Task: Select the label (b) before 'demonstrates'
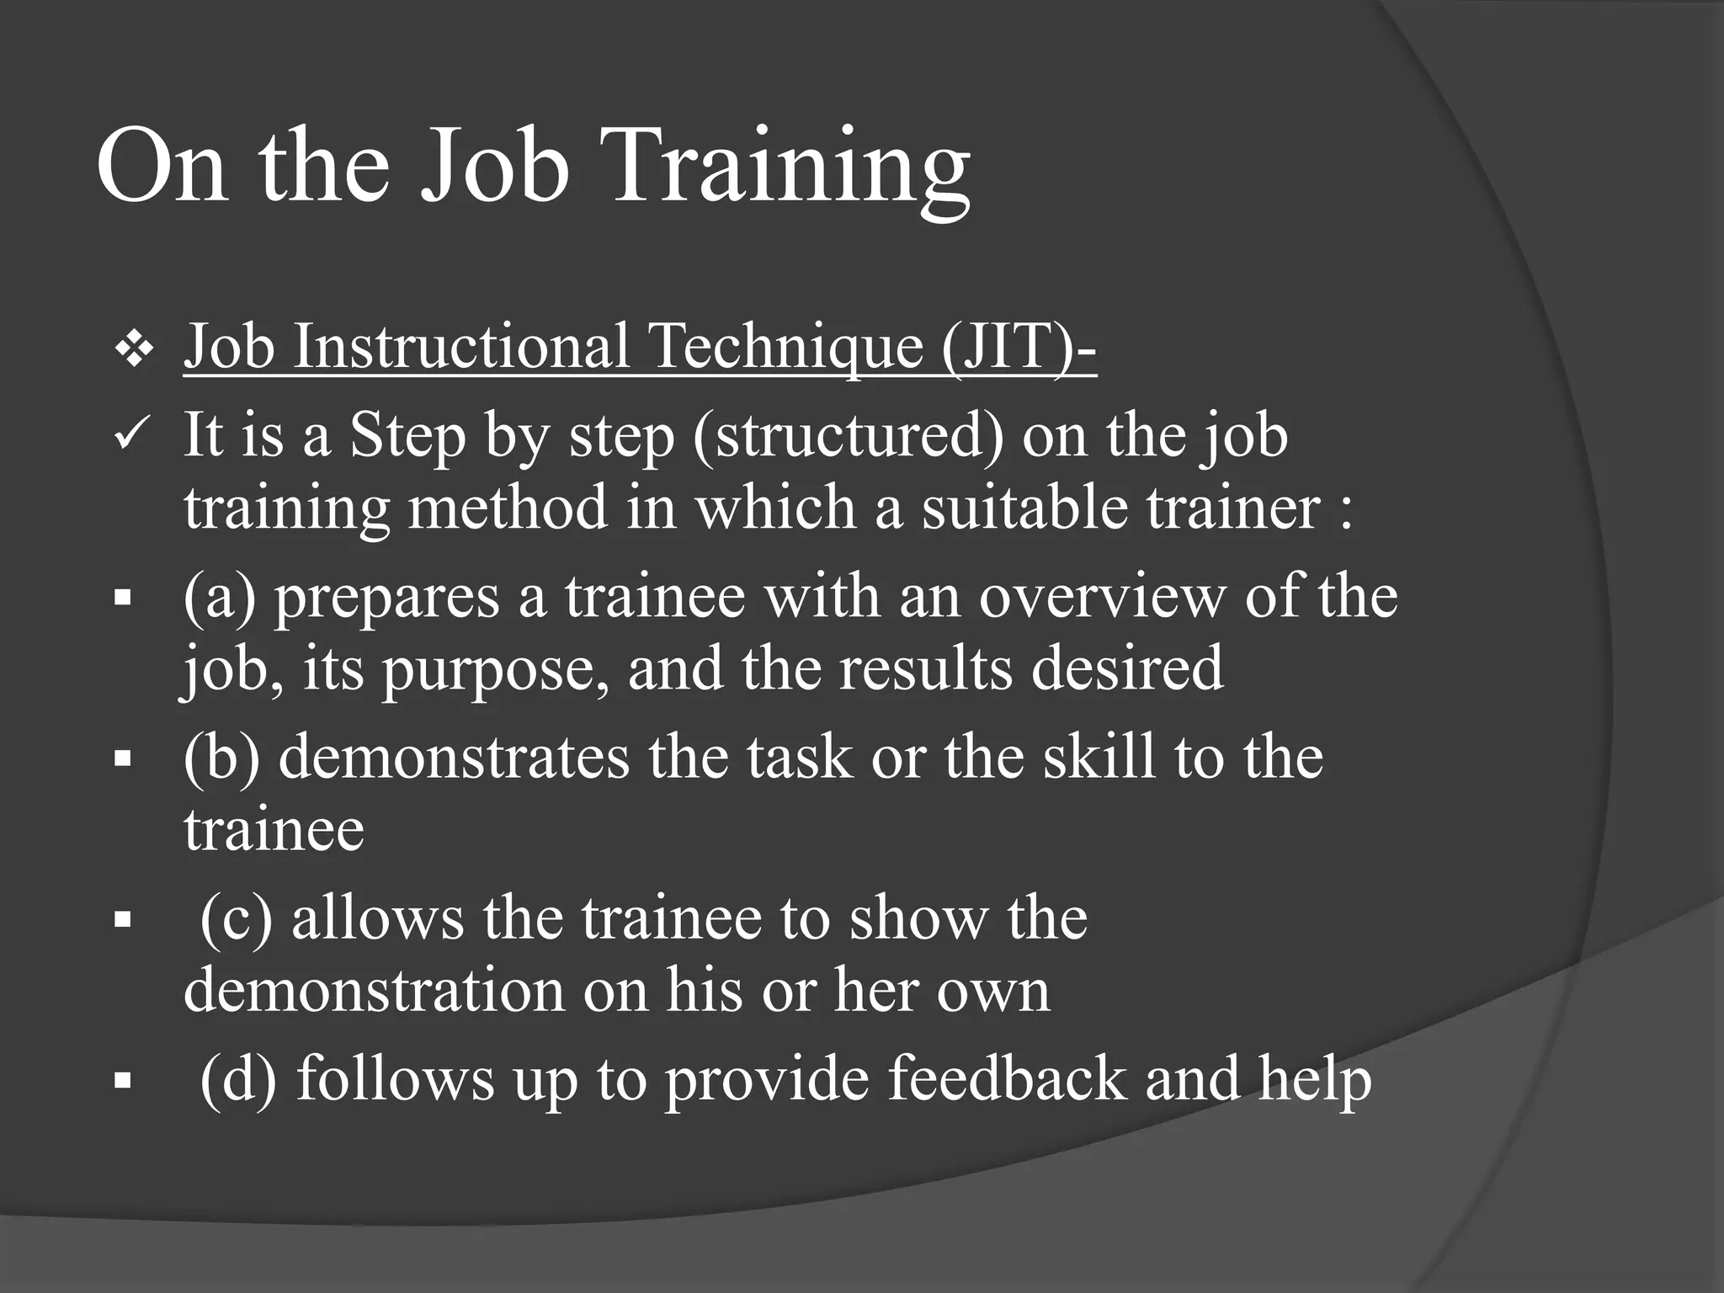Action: pyautogui.click(x=221, y=758)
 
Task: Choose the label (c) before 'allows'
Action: pyautogui.click(x=237, y=918)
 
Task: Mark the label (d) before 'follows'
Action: pyautogui.click(x=238, y=1078)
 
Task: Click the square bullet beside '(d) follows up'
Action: pyautogui.click(x=123, y=1081)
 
